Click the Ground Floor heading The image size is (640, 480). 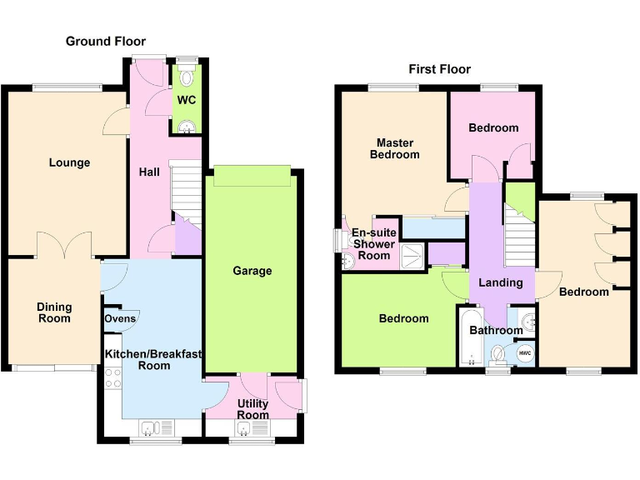105,41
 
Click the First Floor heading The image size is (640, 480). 439,69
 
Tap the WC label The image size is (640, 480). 187,100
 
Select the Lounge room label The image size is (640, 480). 69,162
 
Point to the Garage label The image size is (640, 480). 252,271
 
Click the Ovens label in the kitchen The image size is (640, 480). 120,318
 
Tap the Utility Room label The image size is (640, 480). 252,409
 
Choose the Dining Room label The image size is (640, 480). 54,312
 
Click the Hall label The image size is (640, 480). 149,172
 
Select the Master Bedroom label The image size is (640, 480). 395,148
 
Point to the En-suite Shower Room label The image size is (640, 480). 372,244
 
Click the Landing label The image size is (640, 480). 501,282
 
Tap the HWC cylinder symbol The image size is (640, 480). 525,352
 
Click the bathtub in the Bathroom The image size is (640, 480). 471,337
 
